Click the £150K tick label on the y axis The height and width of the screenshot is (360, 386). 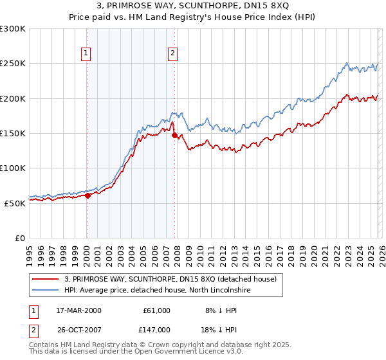click(x=13, y=133)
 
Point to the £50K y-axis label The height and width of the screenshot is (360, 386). click(x=15, y=203)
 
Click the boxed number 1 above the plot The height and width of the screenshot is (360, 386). click(x=86, y=54)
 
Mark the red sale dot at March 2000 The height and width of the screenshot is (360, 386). click(x=88, y=195)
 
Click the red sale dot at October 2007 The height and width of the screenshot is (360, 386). click(x=174, y=135)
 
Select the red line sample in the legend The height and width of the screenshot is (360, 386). click(x=46, y=279)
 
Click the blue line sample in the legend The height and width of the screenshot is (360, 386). click(x=46, y=291)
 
